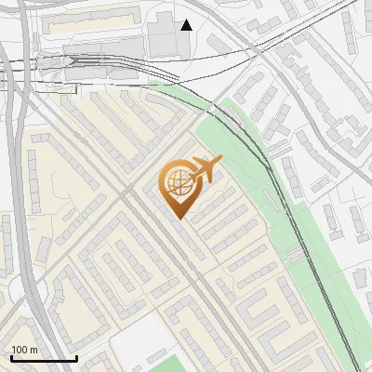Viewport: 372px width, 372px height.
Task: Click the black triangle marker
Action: coord(187,25)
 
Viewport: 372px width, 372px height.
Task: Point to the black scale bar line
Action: coord(44,359)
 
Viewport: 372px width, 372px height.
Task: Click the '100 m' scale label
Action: coord(24,350)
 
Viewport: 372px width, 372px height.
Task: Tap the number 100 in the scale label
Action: coord(20,350)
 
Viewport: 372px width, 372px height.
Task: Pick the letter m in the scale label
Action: coord(33,350)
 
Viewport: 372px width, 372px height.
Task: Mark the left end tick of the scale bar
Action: coord(11,357)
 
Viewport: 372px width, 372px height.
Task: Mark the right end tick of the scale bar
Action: coord(76,357)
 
